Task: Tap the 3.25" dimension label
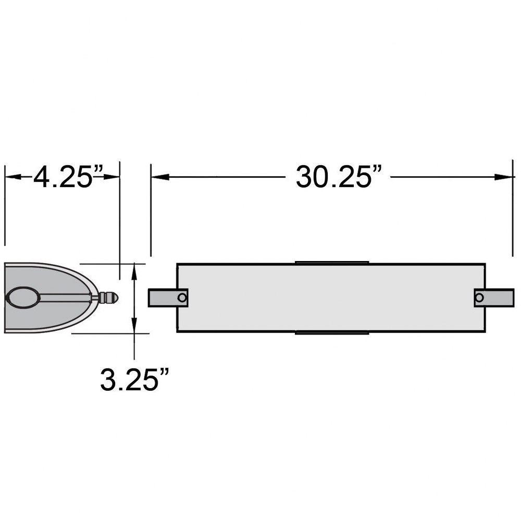pyautogui.click(x=134, y=379)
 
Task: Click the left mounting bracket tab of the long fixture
pyautogui.click(x=168, y=297)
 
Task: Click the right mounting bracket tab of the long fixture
pyautogui.click(x=494, y=297)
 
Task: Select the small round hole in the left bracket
pyautogui.click(x=182, y=297)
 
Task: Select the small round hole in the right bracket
pyautogui.click(x=479, y=297)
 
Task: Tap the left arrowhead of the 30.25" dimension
pyautogui.click(x=160, y=177)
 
